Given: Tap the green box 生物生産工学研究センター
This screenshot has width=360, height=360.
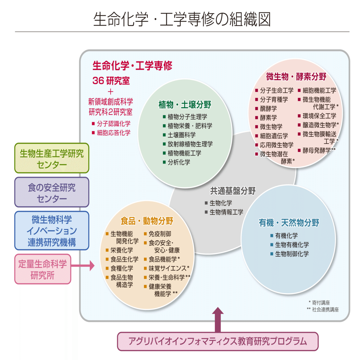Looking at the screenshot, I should click(52, 158).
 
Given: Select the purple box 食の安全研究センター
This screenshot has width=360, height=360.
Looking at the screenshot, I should click(52, 192).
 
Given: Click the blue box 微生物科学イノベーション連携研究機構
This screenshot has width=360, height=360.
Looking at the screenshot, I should click(52, 230).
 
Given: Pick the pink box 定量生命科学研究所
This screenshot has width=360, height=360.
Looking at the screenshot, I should click(43, 269).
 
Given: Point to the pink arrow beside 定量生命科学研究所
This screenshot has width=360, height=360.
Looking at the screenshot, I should click(83, 266).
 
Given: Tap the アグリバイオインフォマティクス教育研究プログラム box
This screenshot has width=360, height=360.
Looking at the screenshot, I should click(217, 341).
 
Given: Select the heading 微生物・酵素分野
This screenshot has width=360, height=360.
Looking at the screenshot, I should click(296, 77).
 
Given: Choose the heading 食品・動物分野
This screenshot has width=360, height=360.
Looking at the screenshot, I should click(147, 221).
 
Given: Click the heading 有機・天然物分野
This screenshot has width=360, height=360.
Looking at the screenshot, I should click(289, 223).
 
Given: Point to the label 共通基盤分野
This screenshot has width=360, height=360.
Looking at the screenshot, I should click(232, 191).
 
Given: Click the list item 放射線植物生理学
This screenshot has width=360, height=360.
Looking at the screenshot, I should click(190, 144).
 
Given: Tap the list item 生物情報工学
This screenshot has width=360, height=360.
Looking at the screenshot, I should click(226, 212).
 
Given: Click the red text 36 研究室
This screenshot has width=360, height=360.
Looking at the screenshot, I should click(111, 81).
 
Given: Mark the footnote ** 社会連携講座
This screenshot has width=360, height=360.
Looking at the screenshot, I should click(323, 310).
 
